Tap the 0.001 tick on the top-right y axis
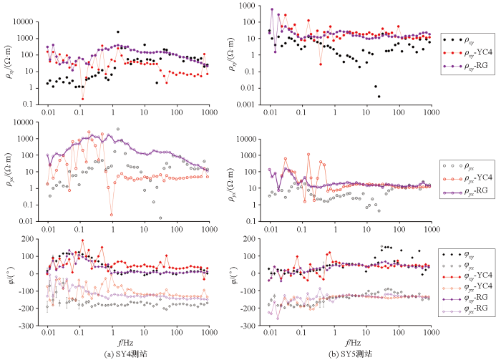(245, 104)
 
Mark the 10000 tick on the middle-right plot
(245, 138)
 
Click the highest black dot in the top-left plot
(117, 31)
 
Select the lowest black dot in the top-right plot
(379, 96)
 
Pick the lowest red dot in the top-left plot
(82, 99)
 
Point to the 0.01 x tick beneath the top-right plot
(270, 113)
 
